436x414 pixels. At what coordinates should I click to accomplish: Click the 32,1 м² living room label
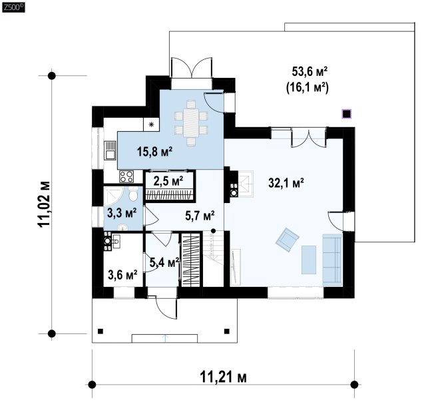point(286,182)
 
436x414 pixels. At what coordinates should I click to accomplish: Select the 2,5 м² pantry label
point(168,180)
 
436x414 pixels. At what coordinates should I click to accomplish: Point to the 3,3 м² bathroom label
point(122,213)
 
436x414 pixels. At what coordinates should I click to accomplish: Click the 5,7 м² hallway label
point(199,215)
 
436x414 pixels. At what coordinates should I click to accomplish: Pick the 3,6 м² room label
point(122,274)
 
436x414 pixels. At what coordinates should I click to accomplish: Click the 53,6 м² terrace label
point(312,71)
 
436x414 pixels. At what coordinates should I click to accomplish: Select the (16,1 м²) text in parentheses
point(312,87)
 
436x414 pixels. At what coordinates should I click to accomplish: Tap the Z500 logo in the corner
point(13,7)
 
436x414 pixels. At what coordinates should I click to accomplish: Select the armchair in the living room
point(288,238)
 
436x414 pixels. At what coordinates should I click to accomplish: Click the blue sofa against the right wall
point(331,260)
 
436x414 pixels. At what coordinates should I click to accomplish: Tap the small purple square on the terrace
point(346,112)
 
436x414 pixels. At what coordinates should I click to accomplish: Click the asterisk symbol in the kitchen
point(150,124)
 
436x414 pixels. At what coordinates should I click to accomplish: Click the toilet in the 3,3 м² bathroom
point(134,195)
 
